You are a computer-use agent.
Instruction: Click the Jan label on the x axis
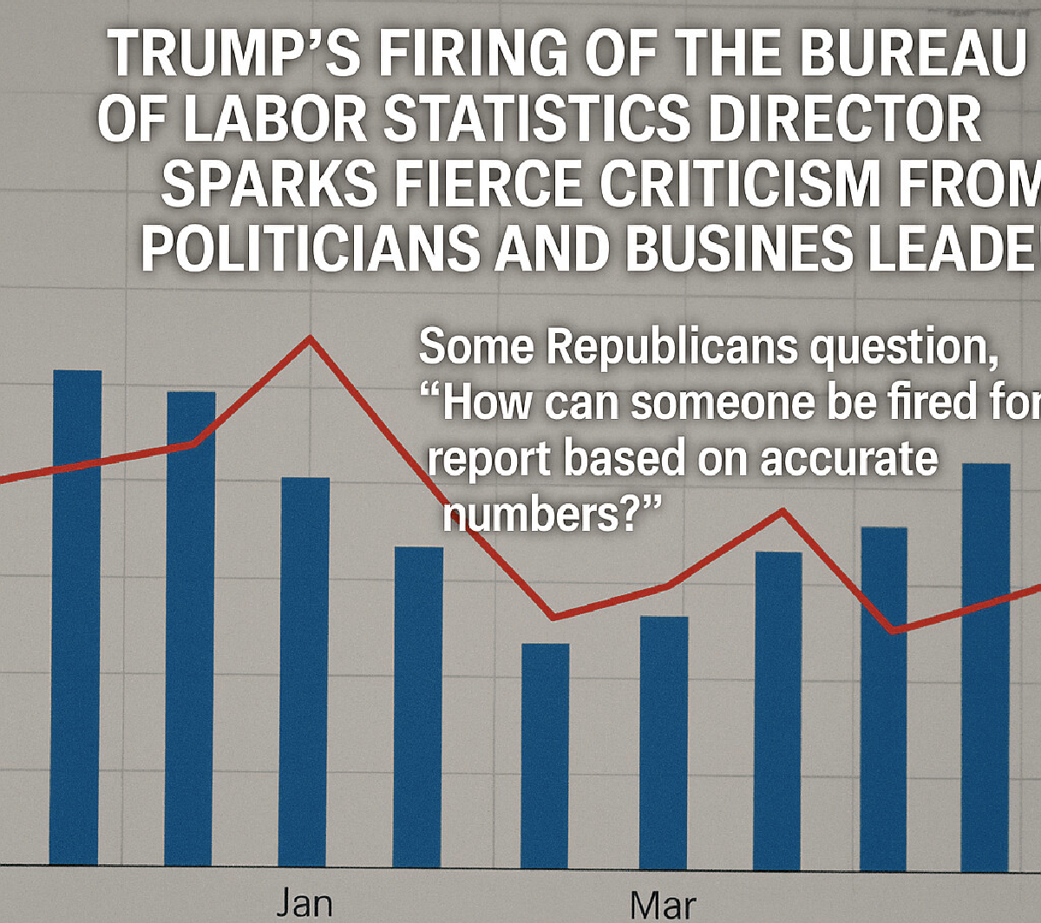[304, 903]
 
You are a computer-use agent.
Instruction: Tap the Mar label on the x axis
[663, 905]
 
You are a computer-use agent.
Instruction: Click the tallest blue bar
[77, 617]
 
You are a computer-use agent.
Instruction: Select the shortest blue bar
[545, 755]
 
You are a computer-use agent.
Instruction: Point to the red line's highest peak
[310, 337]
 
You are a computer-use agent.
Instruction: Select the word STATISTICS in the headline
[536, 121]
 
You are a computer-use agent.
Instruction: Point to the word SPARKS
[269, 186]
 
